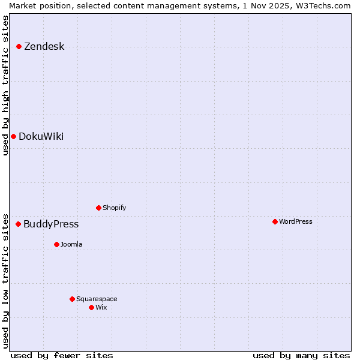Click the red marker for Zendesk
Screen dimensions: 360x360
19,46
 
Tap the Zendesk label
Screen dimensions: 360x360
44,47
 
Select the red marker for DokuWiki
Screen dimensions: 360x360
13,136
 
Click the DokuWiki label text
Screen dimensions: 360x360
41,137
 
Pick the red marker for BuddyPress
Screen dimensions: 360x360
18,224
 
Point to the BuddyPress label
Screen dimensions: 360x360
51,224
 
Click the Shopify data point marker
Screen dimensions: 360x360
98,208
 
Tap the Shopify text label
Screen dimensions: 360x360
114,208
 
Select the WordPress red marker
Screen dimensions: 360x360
275,221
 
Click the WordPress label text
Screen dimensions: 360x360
295,222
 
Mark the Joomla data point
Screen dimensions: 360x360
56,244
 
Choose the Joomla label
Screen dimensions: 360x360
71,245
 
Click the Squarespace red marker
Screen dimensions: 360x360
72,299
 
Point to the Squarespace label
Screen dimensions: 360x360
97,299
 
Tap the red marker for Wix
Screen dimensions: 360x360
91,307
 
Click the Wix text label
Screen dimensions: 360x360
101,308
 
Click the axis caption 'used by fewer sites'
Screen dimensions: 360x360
62,355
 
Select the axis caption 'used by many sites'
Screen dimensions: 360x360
301,355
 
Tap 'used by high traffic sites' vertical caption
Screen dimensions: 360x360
5,85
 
